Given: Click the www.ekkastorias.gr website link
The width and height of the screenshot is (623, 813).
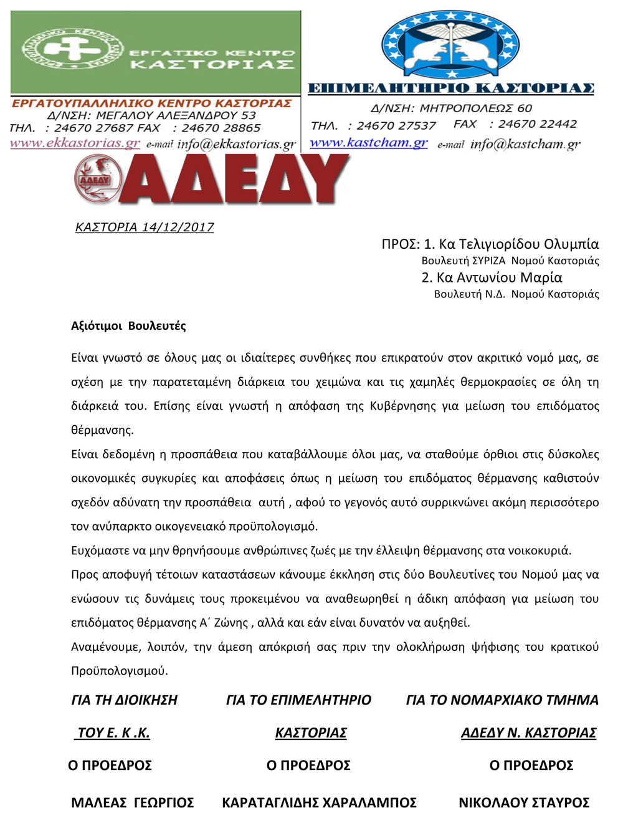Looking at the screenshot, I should [x=75, y=143].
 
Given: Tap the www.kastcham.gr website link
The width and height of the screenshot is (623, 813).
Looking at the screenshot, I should [x=369, y=143].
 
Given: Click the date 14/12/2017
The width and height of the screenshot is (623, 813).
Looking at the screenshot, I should [x=178, y=227].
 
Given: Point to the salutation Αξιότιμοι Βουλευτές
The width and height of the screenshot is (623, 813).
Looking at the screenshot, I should [x=128, y=325].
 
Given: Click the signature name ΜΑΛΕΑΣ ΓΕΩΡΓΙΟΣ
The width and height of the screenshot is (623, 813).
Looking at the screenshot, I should [x=133, y=802].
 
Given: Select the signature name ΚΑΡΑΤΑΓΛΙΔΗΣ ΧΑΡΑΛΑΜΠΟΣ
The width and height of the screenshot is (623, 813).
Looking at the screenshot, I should [x=319, y=802].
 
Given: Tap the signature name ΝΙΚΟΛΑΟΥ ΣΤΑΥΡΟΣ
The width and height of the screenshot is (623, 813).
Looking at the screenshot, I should [x=524, y=802].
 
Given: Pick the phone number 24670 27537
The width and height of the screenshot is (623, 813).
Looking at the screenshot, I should [x=396, y=126].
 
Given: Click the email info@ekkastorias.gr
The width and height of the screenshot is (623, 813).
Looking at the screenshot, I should [x=236, y=145].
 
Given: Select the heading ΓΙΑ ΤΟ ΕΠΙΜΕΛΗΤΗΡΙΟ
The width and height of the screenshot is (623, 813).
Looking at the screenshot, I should [x=298, y=700].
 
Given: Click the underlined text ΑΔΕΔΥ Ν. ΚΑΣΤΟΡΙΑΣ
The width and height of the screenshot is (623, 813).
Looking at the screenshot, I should [x=528, y=733].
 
